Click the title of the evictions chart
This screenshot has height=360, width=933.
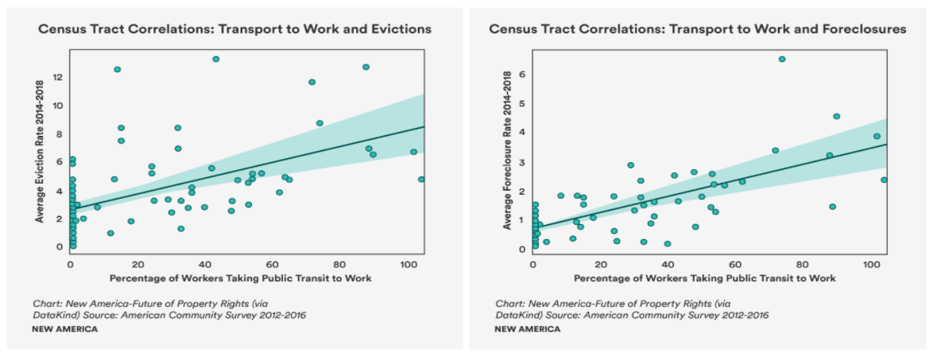tap(234, 29)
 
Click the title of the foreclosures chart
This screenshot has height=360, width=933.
tap(697, 29)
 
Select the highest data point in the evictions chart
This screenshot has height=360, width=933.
tap(215, 59)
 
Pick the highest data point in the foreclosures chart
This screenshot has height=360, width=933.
tap(781, 59)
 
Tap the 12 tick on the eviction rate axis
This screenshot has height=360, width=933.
tap(57, 77)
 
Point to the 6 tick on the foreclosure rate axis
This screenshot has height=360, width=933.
tap(521, 74)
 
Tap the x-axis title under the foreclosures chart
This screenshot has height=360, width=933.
tap(704, 278)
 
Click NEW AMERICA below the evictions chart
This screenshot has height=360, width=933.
tap(65, 329)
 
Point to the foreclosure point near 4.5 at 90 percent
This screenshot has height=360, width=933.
tap(836, 116)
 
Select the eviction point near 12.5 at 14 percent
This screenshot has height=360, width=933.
tap(118, 69)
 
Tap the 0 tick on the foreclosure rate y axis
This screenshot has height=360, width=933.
tap(521, 249)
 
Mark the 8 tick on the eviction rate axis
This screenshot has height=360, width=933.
tap(58, 134)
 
